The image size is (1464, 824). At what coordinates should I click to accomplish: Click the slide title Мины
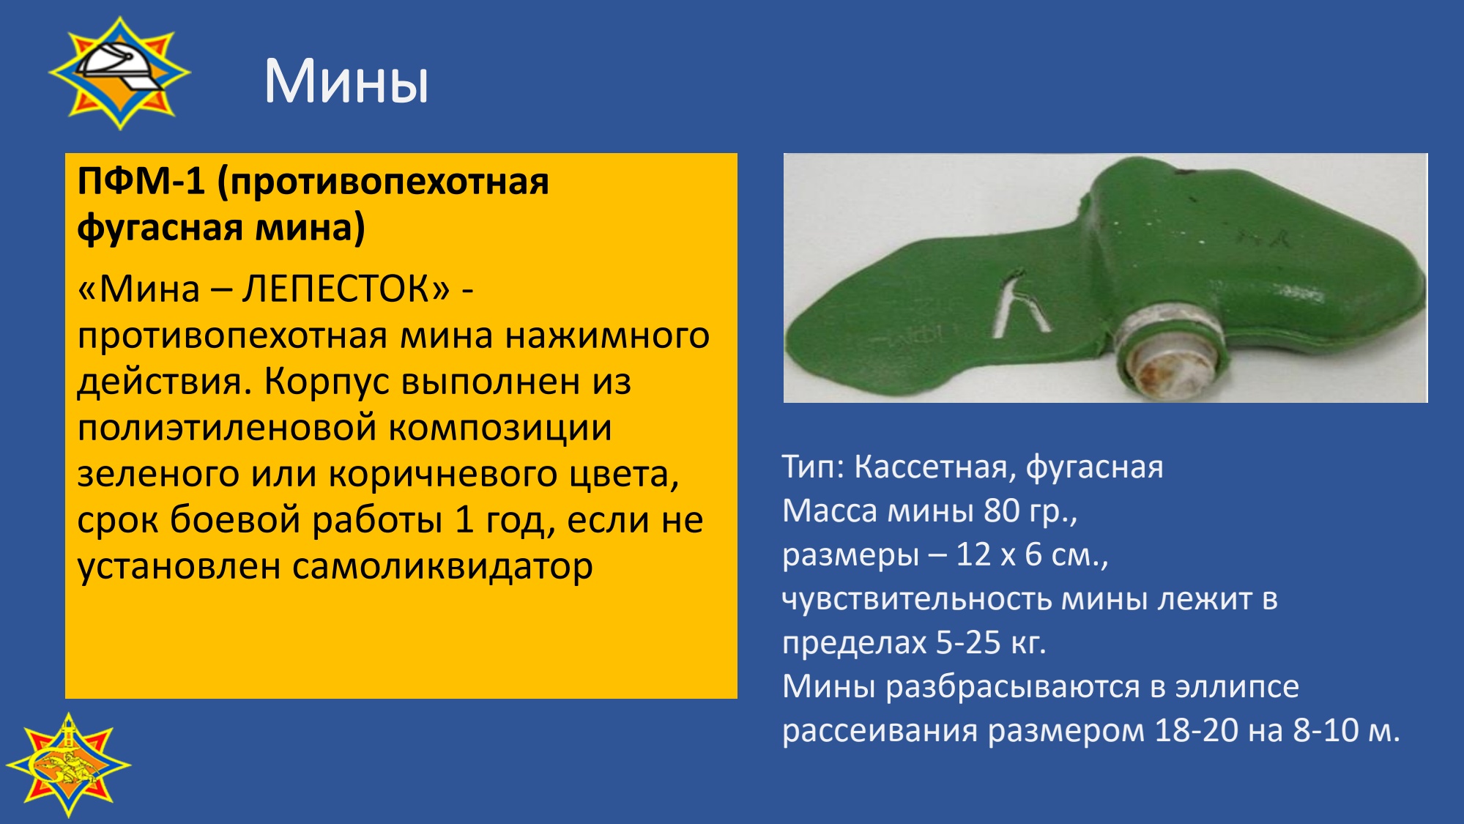[346, 81]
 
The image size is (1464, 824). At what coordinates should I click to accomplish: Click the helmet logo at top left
[120, 73]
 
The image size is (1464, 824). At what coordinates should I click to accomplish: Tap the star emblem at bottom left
[68, 765]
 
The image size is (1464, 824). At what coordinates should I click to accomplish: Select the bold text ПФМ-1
[141, 181]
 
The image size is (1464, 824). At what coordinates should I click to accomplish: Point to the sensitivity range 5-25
[968, 642]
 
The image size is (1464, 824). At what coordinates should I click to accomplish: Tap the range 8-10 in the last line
[1326, 730]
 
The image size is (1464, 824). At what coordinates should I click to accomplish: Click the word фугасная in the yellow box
[159, 229]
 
